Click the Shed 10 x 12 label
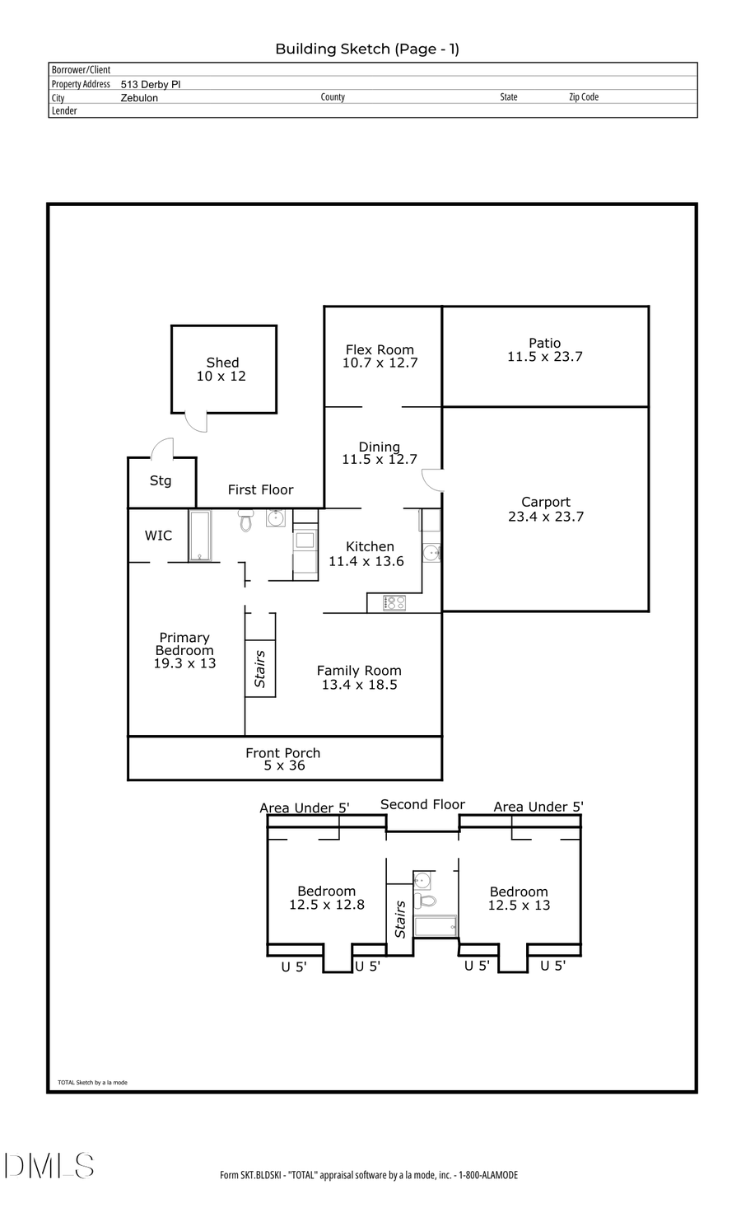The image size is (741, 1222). coord(221,369)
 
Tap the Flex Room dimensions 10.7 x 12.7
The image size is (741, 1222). coord(380,363)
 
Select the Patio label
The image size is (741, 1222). coord(544,343)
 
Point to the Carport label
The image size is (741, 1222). coord(545,502)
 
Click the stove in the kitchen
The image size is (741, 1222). coord(394,603)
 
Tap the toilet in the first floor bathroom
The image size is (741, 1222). coord(245,520)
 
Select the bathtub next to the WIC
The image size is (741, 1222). coord(200,536)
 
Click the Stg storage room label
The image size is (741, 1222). coord(161,480)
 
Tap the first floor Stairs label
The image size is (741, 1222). coord(260,668)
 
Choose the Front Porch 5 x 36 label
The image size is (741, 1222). coord(283,759)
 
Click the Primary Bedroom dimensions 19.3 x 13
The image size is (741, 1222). coord(184,663)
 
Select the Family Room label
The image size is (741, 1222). coord(359,671)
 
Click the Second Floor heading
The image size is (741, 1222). coord(422,804)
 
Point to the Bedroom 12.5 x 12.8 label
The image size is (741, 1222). coord(327,898)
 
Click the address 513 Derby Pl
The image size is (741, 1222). coord(151,84)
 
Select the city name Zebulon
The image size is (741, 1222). coord(139,98)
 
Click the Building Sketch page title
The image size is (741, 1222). coord(367,49)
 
